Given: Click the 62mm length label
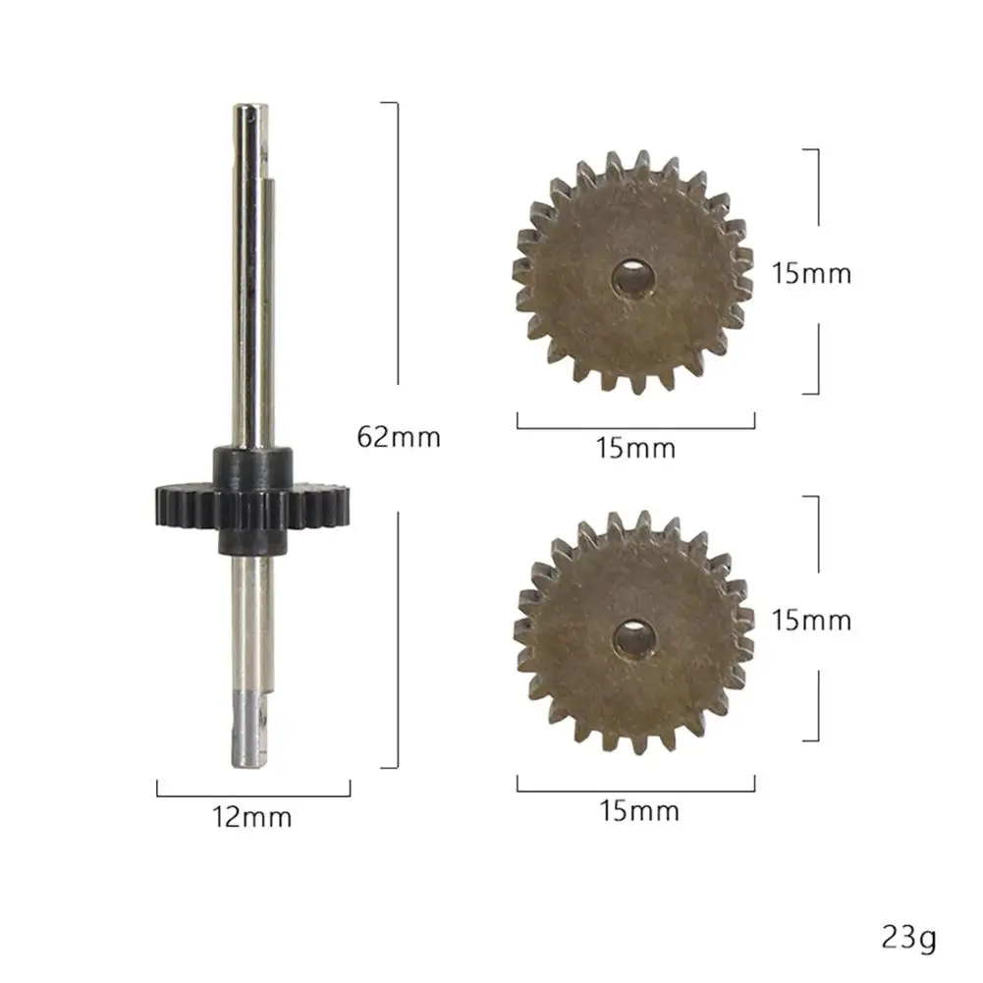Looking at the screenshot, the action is coord(399,437).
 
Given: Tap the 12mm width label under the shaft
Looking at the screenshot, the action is coord(252,817).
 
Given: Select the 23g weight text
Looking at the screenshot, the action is coord(909,939).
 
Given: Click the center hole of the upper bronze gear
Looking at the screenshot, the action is coord(632,278).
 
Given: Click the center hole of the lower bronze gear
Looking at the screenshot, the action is coord(633,639).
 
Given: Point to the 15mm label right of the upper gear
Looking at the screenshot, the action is coord(811,274).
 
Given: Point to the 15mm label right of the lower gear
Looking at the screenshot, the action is coord(811,621).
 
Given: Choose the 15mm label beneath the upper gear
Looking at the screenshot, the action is coord(635,448).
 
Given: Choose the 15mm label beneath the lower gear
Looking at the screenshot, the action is coord(639,810).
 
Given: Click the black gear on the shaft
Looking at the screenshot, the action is coord(252,506).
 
